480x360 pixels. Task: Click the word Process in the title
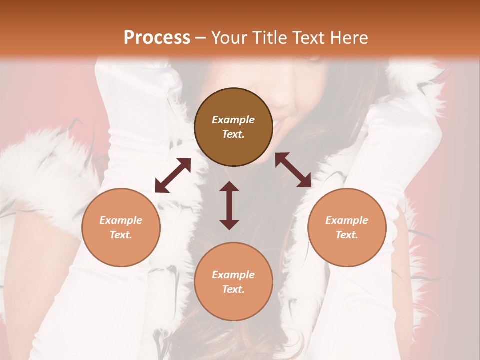[157, 38]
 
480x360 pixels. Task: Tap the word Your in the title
[230, 38]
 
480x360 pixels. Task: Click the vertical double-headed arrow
[229, 205]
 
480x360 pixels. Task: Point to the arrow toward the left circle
[173, 175]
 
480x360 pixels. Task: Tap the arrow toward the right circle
[293, 170]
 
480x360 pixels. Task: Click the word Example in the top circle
[233, 120]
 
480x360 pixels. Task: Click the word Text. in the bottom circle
[233, 289]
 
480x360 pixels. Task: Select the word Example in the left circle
[121, 220]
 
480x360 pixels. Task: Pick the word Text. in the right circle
[347, 235]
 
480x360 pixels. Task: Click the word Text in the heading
[309, 38]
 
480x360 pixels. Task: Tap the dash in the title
[200, 38]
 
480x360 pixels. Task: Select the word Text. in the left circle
[121, 235]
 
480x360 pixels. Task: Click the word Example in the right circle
[347, 220]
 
